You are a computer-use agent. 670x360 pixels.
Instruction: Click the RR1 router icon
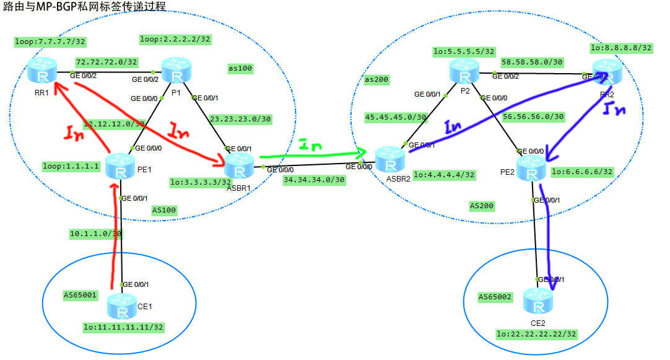coord(41,72)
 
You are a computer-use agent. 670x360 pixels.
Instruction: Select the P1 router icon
coord(176,71)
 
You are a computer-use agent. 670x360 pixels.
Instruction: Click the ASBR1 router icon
coord(238,166)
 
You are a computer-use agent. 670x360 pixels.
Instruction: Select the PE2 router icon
coord(531,169)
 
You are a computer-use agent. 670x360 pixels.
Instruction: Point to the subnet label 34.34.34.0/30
coord(313,180)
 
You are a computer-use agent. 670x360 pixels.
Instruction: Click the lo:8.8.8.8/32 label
coord(621,47)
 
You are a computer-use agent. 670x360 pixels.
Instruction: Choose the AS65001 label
coord(80,295)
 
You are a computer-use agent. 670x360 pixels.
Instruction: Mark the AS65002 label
coord(495,297)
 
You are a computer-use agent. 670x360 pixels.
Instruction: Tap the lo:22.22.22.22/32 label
coord(536,334)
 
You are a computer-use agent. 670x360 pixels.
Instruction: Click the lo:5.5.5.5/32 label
coord(464,51)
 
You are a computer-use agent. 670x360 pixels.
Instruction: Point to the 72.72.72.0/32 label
coord(107,62)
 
